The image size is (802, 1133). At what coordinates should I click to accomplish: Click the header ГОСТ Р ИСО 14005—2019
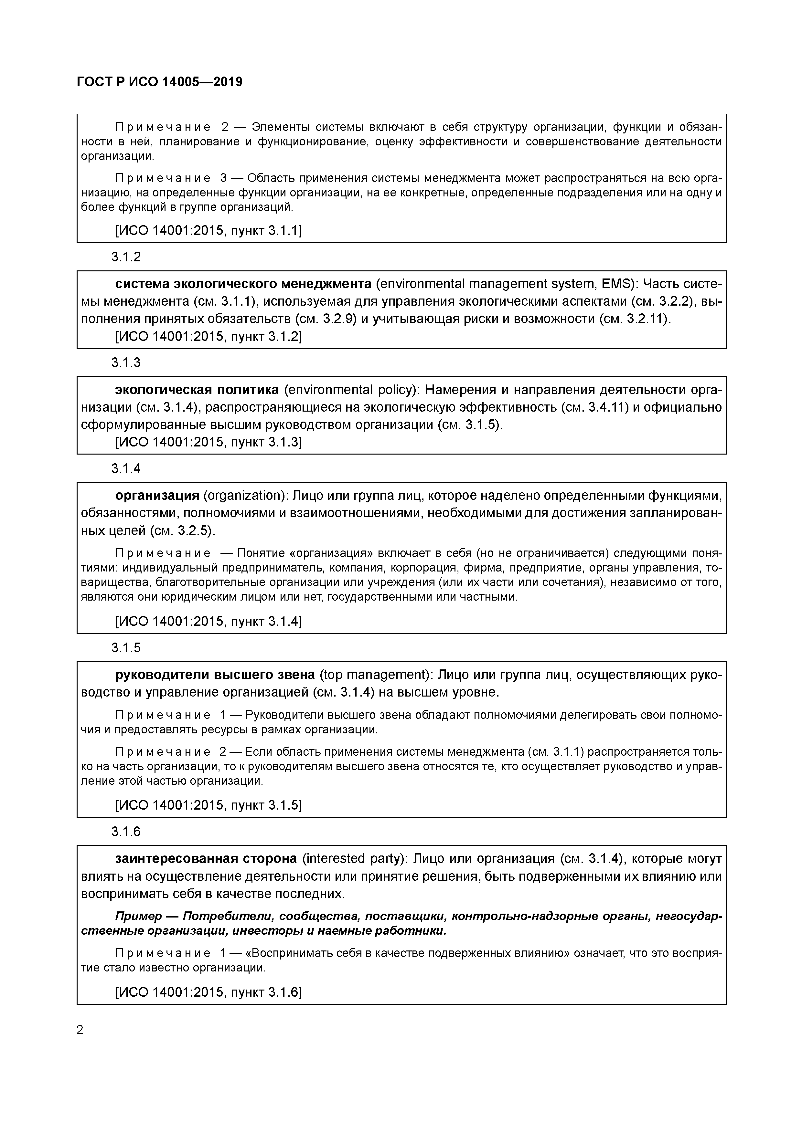(159, 82)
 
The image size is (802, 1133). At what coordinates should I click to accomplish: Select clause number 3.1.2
(126, 257)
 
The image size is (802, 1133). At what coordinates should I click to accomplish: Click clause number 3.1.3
(126, 363)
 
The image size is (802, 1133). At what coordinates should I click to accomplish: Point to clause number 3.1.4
(126, 468)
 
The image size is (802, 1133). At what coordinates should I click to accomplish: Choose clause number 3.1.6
(126, 832)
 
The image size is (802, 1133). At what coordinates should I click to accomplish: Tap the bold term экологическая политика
(197, 390)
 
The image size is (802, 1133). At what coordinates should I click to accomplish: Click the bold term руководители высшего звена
(215, 675)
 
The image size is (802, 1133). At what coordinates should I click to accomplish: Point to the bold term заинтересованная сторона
(206, 859)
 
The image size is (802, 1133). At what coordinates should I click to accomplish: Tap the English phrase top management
(373, 675)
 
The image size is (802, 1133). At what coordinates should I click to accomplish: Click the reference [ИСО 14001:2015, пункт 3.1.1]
(208, 230)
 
